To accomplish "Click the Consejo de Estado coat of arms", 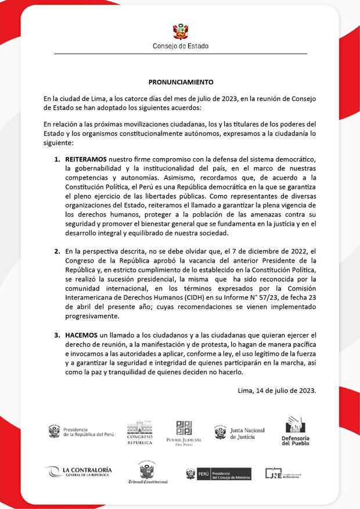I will click(x=180, y=31).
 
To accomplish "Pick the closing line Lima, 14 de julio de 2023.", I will click(x=277, y=390).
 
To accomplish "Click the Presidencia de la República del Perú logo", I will click(x=81, y=432).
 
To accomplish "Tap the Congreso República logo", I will click(x=140, y=432).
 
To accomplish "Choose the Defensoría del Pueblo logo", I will click(x=295, y=431).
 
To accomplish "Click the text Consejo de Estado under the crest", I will click(x=180, y=46).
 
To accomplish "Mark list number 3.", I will click(x=57, y=335).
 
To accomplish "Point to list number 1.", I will click(x=57, y=160).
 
